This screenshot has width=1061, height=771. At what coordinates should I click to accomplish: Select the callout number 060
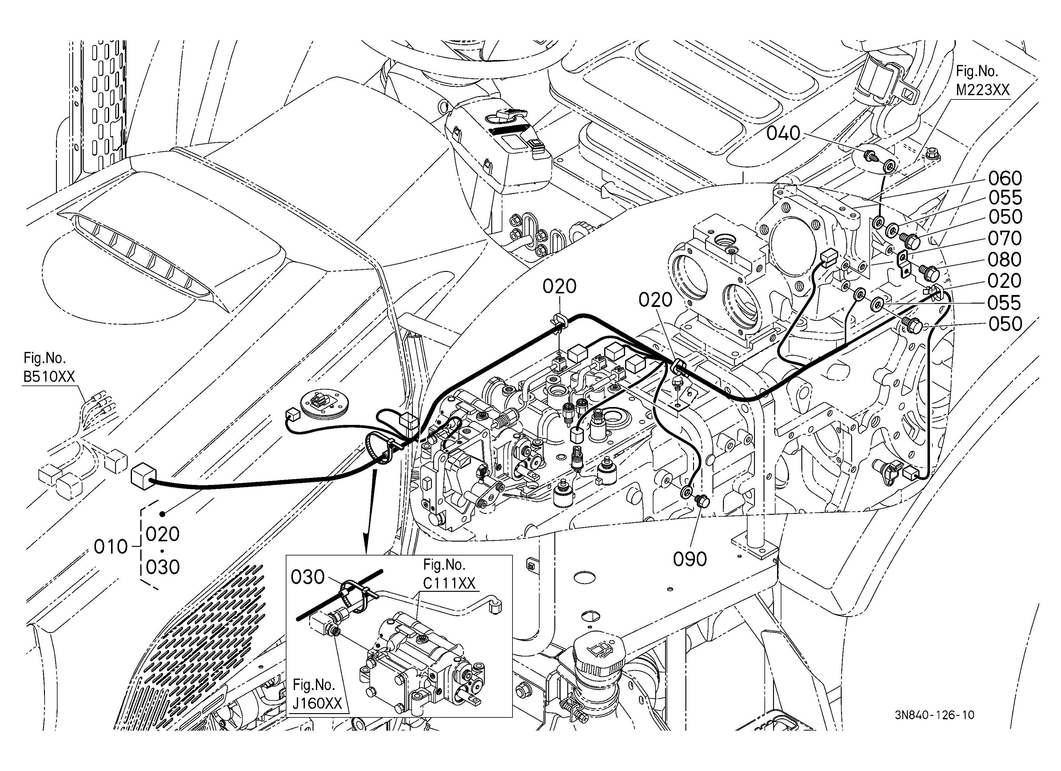tap(1005, 178)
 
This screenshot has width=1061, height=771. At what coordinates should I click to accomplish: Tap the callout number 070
tap(1005, 238)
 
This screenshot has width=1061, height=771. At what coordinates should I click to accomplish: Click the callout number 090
tap(690, 559)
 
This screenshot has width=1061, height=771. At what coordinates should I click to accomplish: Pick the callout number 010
tap(111, 546)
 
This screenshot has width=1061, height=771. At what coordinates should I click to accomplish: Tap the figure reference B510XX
tap(49, 377)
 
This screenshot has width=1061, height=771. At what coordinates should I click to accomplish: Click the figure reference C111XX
tap(449, 583)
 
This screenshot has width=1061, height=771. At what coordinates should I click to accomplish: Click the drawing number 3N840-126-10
tap(935, 715)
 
